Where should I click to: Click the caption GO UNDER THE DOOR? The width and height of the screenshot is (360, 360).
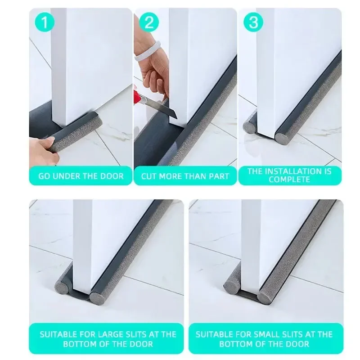[x=81, y=175]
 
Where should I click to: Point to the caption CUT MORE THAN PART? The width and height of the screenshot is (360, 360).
[x=185, y=175]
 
